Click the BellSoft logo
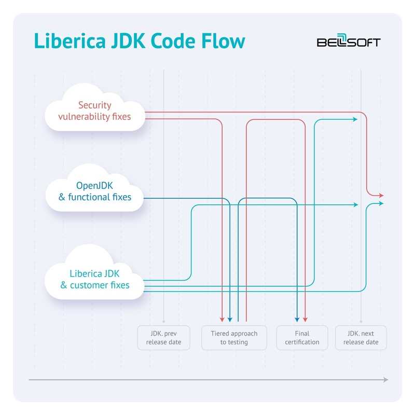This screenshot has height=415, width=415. coord(348,42)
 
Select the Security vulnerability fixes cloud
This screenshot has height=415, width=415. coord(94,111)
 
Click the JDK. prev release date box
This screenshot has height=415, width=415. coord(163,338)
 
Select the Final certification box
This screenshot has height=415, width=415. coord(301,338)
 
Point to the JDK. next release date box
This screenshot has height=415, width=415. coord(361,338)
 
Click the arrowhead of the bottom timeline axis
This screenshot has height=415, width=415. coord(385,380)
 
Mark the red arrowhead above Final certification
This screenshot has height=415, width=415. coord(305,319)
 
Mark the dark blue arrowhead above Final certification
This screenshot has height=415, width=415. coord(297,319)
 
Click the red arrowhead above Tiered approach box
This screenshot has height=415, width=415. coord(222,319)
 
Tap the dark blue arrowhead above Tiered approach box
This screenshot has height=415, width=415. coord(230,319)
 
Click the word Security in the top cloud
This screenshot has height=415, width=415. coord(94,105)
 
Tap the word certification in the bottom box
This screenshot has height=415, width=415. coord(301,342)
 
